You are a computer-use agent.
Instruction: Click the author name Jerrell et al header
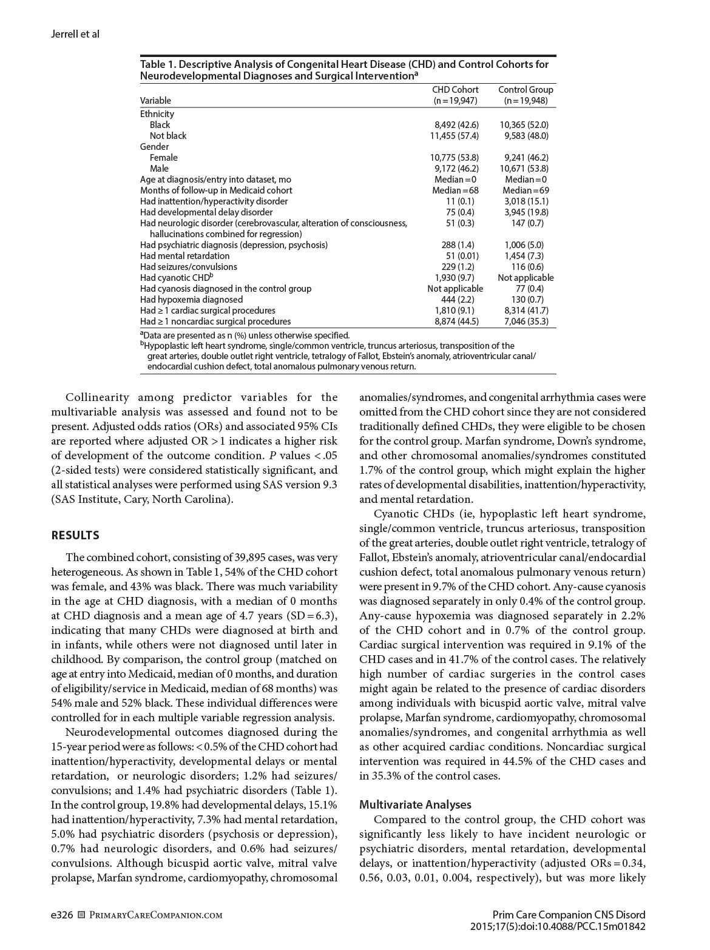coord(75,34)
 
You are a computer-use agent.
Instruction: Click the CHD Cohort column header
coord(455,90)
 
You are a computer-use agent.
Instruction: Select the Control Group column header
coord(526,90)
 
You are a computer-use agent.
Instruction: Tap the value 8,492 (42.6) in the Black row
coord(455,125)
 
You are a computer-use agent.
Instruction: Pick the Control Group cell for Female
coord(526,158)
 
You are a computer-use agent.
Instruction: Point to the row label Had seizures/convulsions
coord(189,267)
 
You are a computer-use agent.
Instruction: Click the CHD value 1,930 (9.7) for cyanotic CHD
coord(455,278)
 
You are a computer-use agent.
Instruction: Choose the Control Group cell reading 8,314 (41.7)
coord(526,311)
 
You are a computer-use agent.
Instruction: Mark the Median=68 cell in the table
coord(455,190)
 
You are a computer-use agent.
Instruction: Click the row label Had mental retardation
coord(185,256)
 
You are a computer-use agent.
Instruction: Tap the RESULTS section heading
coord(75,535)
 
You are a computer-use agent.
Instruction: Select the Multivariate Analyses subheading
coord(415,804)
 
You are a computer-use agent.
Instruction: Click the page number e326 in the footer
coord(62,915)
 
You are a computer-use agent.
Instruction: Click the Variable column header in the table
coord(155,101)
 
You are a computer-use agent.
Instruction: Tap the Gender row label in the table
coord(155,147)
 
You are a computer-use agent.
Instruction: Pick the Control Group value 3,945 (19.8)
coord(526,212)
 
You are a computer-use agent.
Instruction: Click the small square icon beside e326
coord(82,915)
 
